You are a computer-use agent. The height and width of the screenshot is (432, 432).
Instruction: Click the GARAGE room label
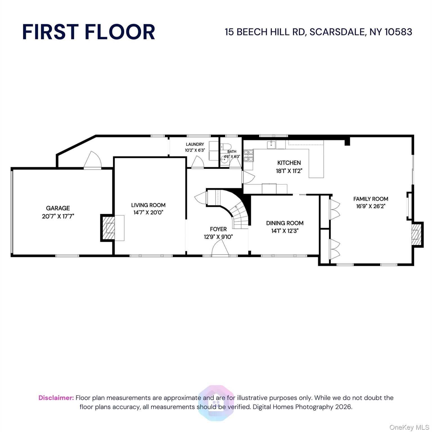pos(58,208)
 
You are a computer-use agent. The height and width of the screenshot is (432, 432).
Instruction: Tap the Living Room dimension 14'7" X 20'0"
pos(148,212)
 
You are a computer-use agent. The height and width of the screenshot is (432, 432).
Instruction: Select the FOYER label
pos(218,229)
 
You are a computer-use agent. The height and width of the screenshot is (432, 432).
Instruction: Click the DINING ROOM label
pos(285,223)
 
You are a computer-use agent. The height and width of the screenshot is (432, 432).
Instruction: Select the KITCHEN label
pos(289,163)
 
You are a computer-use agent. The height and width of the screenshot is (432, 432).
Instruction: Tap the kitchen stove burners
pos(248,156)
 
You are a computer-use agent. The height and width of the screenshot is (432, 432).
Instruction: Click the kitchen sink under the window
pos(271,145)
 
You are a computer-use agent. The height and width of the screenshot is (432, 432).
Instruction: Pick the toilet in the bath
pos(226,147)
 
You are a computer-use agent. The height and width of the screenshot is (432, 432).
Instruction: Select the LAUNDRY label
pos(195,144)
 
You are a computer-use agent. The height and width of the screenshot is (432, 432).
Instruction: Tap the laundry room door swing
pos(198,162)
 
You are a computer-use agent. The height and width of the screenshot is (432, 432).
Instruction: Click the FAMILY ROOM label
pos(370,199)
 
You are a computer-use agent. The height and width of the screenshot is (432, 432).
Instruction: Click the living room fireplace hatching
pos(109,228)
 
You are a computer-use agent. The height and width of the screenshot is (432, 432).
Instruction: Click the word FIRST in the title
pos(50,32)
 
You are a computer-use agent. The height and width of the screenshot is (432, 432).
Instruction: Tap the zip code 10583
pos(398,32)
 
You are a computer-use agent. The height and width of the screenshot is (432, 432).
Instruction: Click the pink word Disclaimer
pos(56,398)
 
